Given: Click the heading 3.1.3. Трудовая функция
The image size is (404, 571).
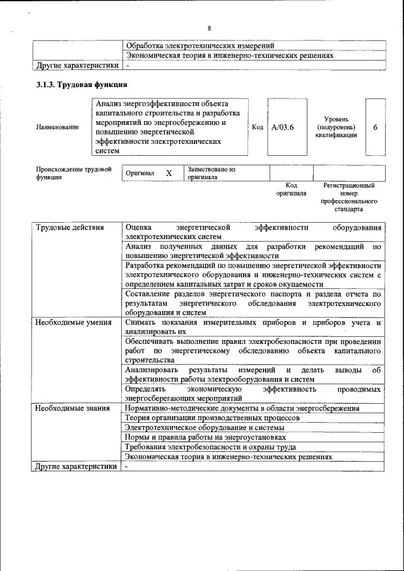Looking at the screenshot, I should coord(82,85).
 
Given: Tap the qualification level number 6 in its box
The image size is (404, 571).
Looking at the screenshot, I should coord(375,127).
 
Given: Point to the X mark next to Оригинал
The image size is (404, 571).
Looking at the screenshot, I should coord(169,173).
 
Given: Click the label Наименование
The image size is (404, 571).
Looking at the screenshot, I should coord(57,127).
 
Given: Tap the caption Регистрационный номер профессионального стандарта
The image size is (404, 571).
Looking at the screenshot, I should coord(348,197).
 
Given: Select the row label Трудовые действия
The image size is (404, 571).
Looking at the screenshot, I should coord(69,227).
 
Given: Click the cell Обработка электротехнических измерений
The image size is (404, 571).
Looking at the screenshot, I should coord(200,46).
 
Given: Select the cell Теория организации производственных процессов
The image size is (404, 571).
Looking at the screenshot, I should coord(212,418).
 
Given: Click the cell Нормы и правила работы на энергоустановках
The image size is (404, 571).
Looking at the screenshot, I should coord(206,437).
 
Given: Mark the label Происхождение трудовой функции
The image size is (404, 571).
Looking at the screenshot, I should coord(73,173).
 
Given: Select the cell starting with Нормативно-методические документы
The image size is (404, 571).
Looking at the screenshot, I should coord(242,408).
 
